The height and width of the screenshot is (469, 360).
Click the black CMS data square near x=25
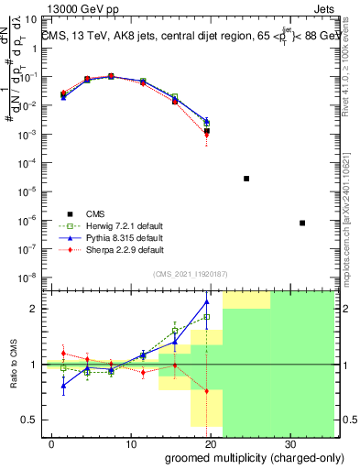click(246, 179)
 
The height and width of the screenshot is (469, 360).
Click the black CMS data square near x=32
click(302, 223)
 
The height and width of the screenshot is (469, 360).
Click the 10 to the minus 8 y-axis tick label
click(28, 277)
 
